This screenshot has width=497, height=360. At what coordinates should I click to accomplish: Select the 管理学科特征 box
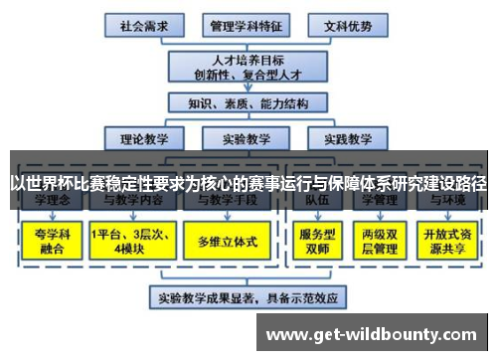pos(243,23)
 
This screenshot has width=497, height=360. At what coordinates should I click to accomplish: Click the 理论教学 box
pos(145,139)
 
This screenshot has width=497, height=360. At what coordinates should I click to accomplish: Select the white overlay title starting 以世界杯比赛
pos(248,183)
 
